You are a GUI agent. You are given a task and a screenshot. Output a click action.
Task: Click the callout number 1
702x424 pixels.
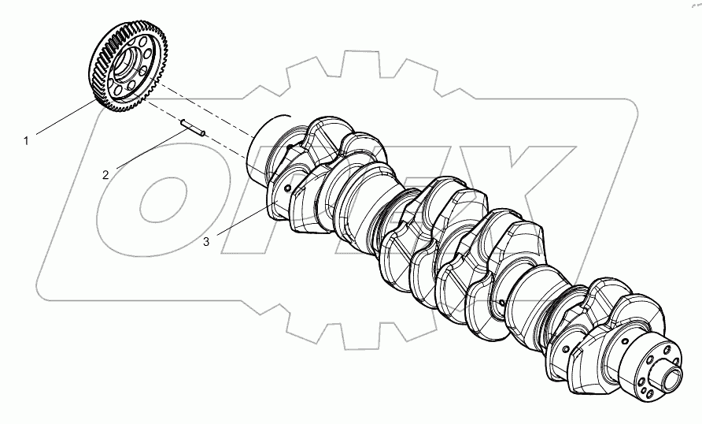click(26, 141)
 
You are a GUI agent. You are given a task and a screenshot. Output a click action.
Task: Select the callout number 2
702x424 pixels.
click(105, 174)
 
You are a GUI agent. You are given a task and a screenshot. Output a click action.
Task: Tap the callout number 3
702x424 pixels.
click(206, 242)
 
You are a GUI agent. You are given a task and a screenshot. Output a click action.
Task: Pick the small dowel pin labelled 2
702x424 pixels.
click(192, 127)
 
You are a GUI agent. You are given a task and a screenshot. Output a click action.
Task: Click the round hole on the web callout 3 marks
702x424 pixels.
click(290, 188)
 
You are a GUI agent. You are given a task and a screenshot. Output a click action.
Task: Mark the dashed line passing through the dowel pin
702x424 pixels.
click(228, 146)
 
